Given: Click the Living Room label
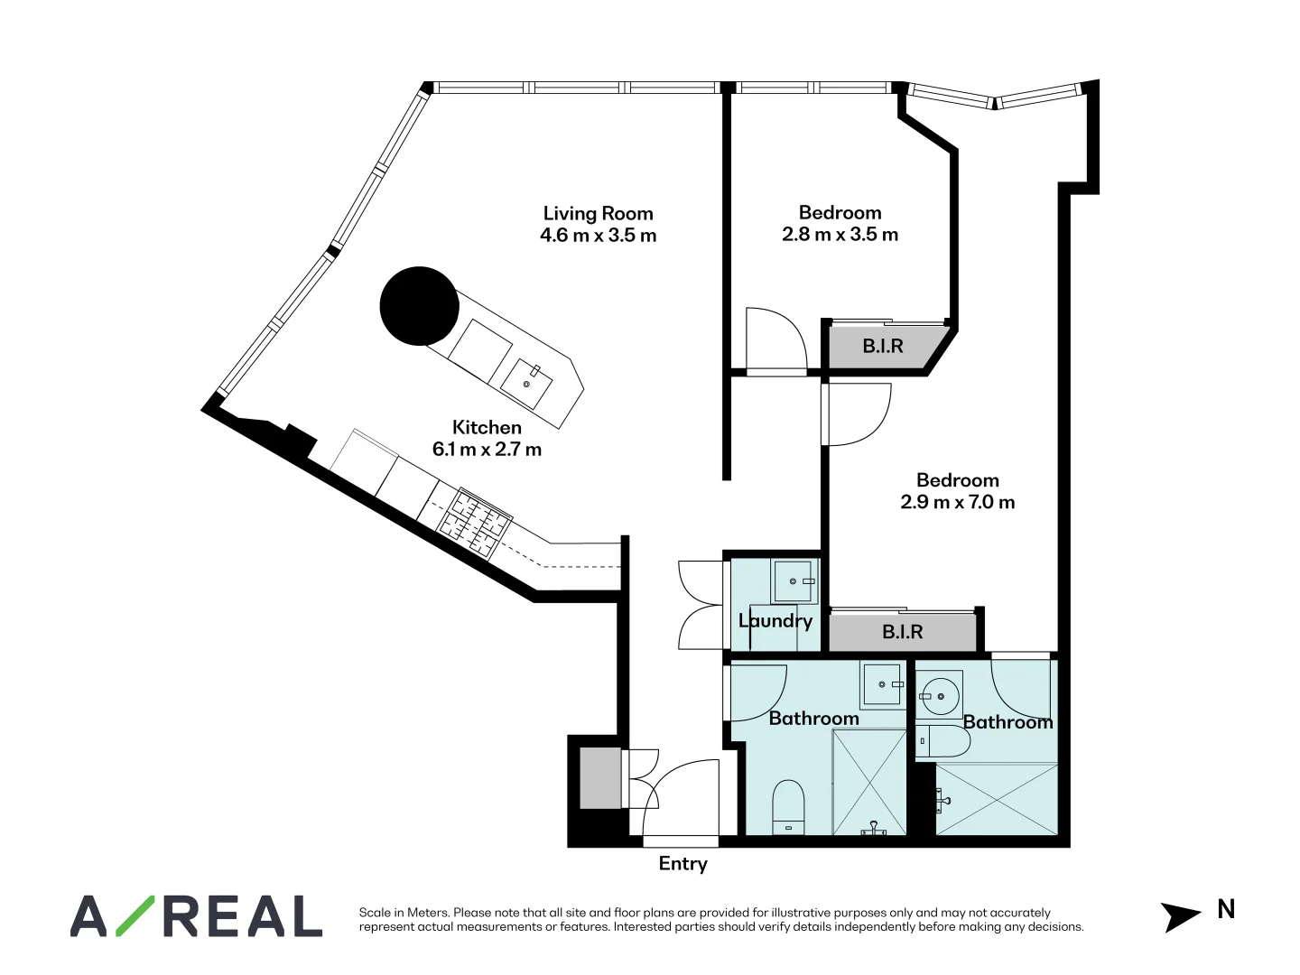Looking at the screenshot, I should click(x=598, y=214).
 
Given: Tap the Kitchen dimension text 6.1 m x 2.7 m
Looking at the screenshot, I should click(x=487, y=450).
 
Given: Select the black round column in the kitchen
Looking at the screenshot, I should click(x=419, y=306).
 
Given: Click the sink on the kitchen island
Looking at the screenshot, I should click(x=527, y=384).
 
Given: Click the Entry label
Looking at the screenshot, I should click(x=682, y=864).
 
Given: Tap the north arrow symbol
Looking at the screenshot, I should click(x=1180, y=915).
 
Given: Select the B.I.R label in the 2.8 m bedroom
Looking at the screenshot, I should click(x=882, y=346).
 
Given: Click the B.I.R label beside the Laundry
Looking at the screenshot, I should click(x=902, y=632).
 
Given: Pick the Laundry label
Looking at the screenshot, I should click(x=775, y=621).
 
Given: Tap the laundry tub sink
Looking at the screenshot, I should click(x=794, y=581).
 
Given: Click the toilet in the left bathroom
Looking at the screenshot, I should click(x=788, y=806).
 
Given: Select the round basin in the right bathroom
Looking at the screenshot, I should click(x=940, y=697).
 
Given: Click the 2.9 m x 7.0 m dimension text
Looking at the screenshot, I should click(x=957, y=502).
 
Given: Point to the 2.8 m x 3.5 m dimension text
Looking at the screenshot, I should click(x=840, y=235).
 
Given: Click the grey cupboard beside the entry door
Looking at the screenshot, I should click(x=600, y=778).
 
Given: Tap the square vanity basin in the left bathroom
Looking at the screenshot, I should click(x=882, y=685).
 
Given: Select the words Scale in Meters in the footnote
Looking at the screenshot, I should click(x=404, y=913).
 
